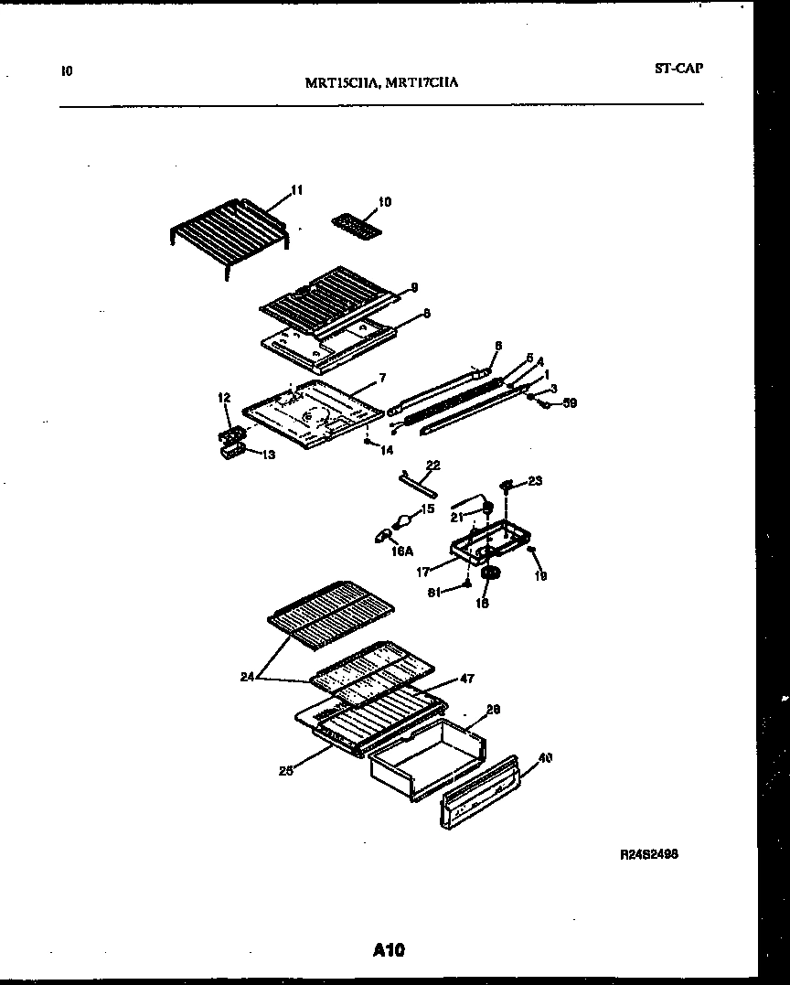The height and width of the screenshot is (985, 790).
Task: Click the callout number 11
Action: pos(296,190)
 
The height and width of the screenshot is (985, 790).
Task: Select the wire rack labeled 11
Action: pos(229,229)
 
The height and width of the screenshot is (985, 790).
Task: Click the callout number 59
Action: pos(571,402)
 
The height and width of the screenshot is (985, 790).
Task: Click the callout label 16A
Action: pos(401,551)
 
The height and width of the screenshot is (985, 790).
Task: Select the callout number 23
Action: pos(535,480)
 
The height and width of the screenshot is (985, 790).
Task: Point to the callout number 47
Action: pos(466,679)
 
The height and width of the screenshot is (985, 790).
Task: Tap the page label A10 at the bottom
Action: pos(389,950)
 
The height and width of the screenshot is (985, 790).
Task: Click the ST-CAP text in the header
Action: pos(678,68)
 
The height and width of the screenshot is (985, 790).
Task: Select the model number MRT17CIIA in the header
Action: pos(422,82)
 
